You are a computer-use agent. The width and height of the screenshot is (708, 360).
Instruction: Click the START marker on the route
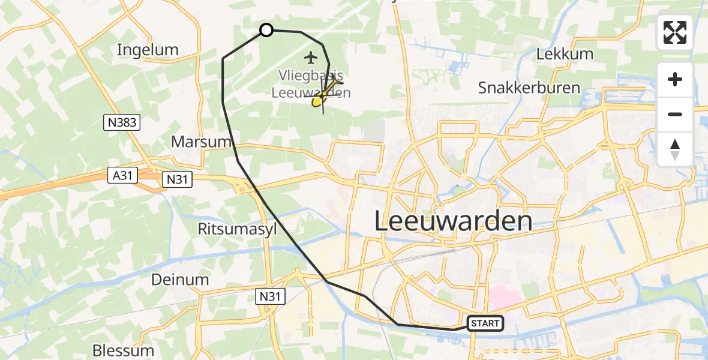[x=485, y=323]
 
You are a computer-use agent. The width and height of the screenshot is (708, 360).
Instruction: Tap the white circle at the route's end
[x=266, y=30]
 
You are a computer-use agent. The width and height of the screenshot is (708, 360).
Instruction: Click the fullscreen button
[x=675, y=32]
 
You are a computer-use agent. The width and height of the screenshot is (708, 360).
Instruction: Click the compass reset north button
[x=675, y=149]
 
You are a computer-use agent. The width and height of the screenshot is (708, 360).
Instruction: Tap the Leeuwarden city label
[x=454, y=221]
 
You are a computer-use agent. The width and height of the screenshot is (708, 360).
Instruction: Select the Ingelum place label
[x=148, y=50]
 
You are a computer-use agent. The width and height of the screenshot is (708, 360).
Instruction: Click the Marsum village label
[x=202, y=142]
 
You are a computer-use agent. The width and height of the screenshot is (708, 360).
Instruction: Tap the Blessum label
[x=123, y=350]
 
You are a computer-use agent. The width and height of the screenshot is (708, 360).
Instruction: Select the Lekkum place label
[x=565, y=54]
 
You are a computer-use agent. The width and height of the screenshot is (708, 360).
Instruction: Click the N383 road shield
[x=122, y=123]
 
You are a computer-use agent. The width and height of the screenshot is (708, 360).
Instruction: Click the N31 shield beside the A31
[x=177, y=179]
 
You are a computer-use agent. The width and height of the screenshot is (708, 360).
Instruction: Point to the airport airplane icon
[x=310, y=58]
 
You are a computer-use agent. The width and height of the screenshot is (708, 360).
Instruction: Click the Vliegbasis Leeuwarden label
[x=311, y=85]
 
